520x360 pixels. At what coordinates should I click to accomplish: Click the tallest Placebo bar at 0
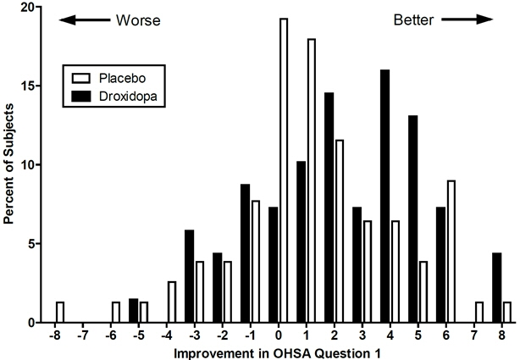pos(283,169)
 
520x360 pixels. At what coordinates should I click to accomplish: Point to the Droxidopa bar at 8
pos(496,288)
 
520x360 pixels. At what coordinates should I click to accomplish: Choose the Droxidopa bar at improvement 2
pos(329,208)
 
